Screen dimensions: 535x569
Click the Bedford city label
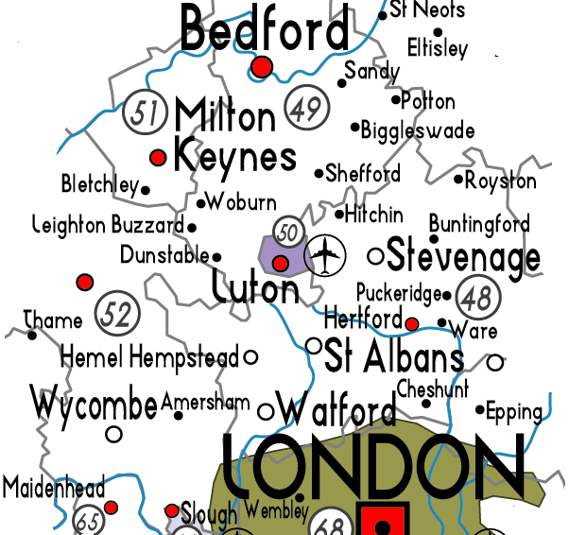264,29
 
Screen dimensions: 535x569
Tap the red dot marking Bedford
262,67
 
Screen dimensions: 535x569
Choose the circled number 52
115,315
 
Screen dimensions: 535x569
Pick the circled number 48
477,297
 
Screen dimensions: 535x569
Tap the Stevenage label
463,256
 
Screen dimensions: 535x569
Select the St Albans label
394,356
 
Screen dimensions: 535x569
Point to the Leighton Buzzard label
108,226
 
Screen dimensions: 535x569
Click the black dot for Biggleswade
355,127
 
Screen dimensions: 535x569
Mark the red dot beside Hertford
411,324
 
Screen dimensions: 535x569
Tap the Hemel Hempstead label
149,358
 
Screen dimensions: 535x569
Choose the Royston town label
501,181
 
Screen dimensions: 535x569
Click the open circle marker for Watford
266,411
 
